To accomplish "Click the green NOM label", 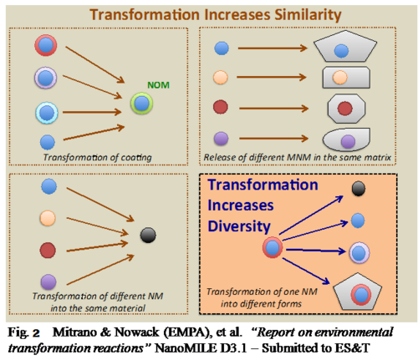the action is tap(158, 85).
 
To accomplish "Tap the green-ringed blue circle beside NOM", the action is tap(142, 104).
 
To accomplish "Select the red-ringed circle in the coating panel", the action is tap(46, 45).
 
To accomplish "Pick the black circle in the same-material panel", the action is tap(148, 236).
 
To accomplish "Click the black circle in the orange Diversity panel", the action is tap(359, 189).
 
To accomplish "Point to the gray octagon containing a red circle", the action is tap(346, 109).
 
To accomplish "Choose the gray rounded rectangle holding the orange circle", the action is tap(346, 78).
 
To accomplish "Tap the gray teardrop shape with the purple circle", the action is tap(346, 139).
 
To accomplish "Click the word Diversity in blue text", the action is tap(239, 226).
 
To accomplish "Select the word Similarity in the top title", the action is tap(308, 15).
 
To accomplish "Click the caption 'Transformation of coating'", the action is tap(98, 157).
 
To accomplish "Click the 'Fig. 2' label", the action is tap(23, 332).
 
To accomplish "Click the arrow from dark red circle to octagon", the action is tap(273, 109).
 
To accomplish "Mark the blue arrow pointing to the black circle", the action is tap(311, 215).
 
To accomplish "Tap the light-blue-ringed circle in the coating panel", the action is tap(47, 113).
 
